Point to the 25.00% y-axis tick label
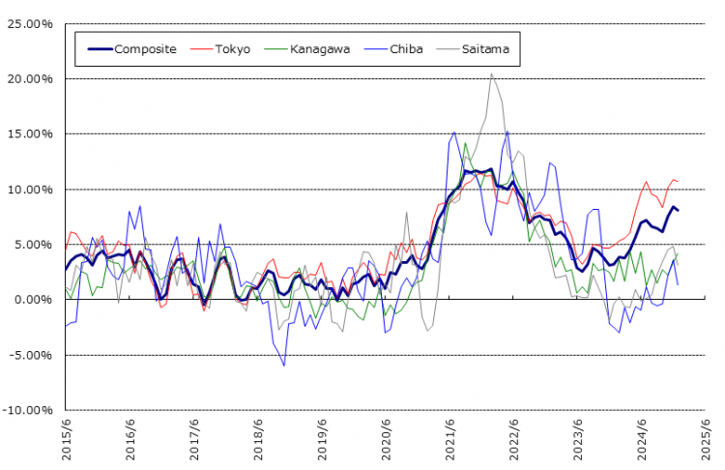31,23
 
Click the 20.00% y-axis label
31,78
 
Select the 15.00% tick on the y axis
31,133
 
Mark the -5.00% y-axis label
32,355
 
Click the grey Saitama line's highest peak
491,73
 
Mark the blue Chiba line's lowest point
284,366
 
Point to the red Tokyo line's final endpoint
678,181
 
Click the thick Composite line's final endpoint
678,210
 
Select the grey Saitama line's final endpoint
678,265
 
